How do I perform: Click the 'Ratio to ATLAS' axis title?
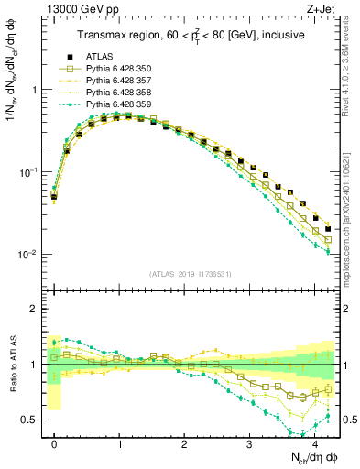[x=12, y=364]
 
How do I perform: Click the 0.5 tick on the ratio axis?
[x=29, y=420]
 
